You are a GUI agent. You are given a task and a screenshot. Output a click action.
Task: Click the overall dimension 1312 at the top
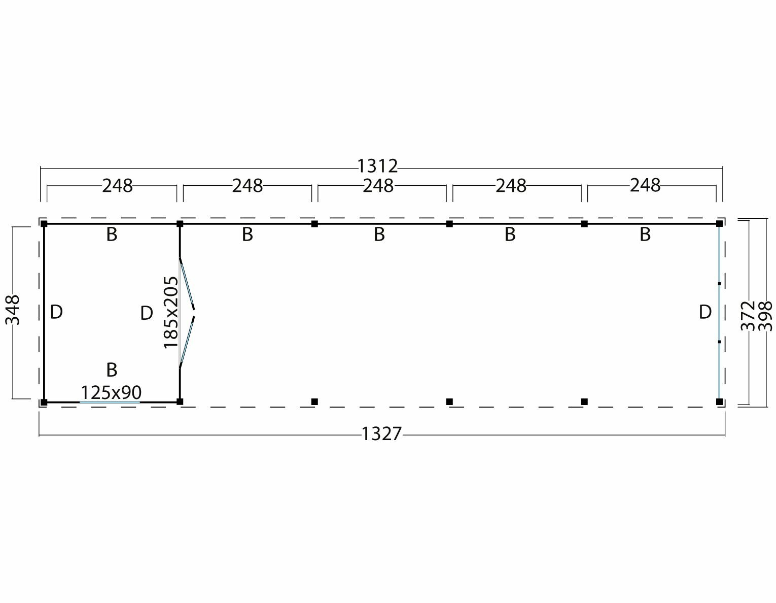coord(377,166)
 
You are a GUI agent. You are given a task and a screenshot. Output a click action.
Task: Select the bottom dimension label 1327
coord(382,434)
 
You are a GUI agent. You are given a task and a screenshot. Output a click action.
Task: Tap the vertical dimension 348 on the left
coord(13,310)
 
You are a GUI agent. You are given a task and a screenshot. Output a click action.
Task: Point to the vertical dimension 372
coord(748,316)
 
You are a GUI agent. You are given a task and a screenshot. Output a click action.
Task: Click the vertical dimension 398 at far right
coord(765,316)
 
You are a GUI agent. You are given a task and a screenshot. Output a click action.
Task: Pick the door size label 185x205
coord(171,312)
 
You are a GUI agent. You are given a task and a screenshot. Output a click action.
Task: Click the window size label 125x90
coord(111,392)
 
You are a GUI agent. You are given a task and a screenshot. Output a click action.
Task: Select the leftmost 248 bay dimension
coord(118,186)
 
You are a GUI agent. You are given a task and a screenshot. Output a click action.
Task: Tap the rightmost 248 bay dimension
coord(645,185)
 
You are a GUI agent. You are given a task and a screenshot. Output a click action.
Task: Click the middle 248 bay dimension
coord(378,186)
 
